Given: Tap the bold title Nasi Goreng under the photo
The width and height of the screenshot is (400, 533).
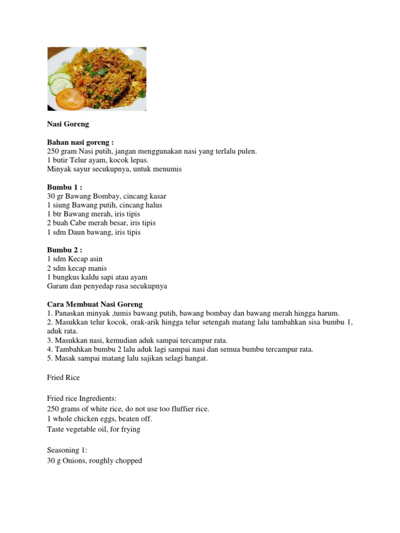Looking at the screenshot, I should tap(68, 124).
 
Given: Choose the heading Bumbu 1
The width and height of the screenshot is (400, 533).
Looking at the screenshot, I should tap(65, 187).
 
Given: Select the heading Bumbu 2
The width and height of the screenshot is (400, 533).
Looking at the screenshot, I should tap(65, 250).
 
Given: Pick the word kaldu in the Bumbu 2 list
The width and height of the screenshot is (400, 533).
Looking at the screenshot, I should tap(89, 277).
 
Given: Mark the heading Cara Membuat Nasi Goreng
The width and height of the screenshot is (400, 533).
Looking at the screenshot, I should tap(95, 304).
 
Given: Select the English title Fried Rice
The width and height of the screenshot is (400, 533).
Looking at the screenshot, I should tap(63, 377).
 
